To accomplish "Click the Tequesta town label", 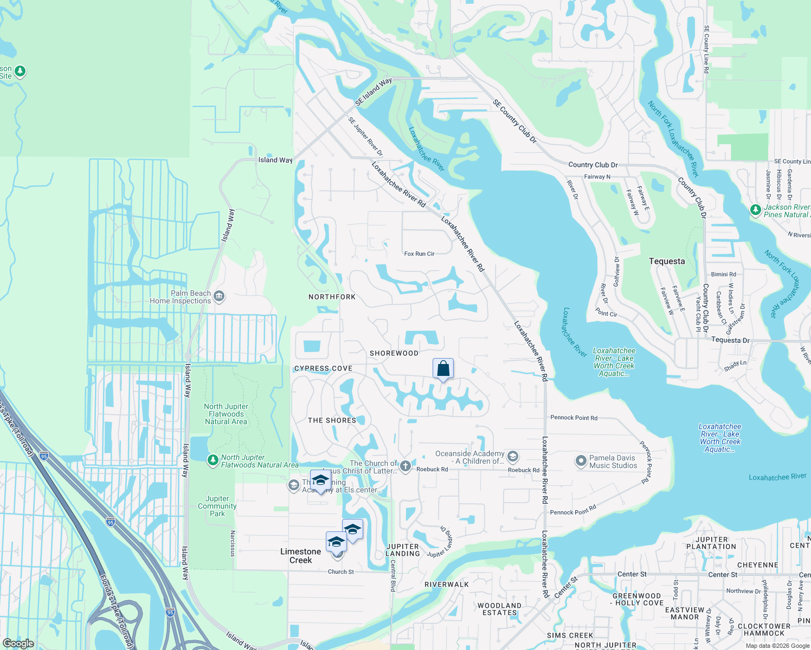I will point(667,261).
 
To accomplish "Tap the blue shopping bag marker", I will point(443,369).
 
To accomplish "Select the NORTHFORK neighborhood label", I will point(332,297).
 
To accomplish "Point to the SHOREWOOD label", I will point(394,353).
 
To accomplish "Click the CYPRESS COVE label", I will point(323,368).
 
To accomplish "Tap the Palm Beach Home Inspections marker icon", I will point(219,296).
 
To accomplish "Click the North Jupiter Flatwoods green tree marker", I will point(213,461).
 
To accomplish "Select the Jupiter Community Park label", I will point(217,506).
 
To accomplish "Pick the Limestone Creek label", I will point(300,556).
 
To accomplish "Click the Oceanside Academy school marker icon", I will point(512,458).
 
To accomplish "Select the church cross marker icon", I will point(405,466).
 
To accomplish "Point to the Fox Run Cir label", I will point(419,253).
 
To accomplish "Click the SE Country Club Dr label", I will point(514,121).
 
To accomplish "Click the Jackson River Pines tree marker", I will point(755,210).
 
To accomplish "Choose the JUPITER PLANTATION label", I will point(711,543).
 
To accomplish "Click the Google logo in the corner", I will point(18,643).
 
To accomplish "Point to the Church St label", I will point(340,571).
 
